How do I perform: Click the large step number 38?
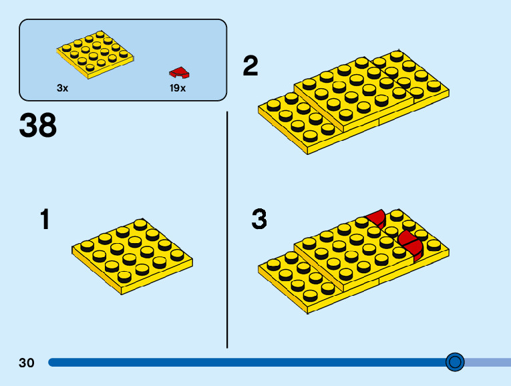[x=38, y=126]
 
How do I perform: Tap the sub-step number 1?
[x=45, y=220]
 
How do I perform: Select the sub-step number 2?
[x=250, y=66]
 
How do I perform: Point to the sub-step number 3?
[x=259, y=219]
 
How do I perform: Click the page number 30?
[x=27, y=363]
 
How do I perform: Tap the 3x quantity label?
[x=62, y=88]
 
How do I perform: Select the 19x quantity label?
[x=178, y=88]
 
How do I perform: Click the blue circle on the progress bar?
[x=455, y=362]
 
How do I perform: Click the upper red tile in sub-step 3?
[x=377, y=218]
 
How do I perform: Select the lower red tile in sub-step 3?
[x=410, y=243]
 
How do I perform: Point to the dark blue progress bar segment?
[x=247, y=363]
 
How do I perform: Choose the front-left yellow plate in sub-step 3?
[x=301, y=277]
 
